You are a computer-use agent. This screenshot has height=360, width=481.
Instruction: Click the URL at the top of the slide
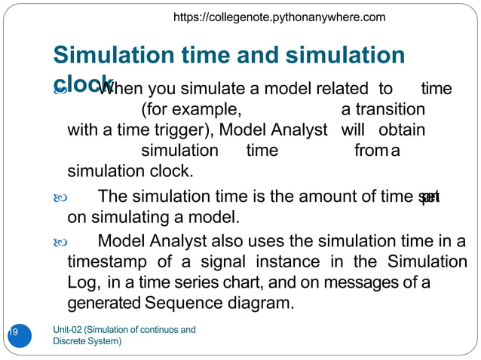click(279, 17)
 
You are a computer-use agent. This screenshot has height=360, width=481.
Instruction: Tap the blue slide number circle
click(18, 334)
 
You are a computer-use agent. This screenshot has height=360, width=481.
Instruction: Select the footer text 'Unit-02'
click(69, 329)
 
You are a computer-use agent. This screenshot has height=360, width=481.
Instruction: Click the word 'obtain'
click(401, 130)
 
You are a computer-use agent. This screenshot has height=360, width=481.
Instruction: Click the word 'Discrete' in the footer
click(69, 341)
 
